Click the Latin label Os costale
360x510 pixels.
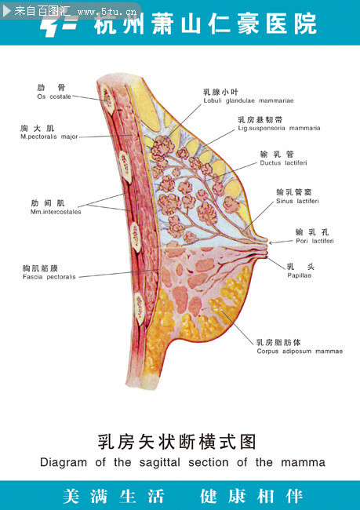click(54, 97)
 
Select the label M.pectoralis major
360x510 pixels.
click(49, 137)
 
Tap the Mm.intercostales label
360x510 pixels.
click(56, 212)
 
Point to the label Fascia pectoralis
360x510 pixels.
click(49, 277)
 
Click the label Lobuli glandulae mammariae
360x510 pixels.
click(249, 101)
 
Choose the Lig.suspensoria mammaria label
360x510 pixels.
click(279, 129)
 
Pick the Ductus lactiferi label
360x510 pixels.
click(283, 163)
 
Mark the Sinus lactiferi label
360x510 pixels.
click(297, 202)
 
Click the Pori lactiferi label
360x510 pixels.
click(315, 241)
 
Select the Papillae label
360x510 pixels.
click(299, 275)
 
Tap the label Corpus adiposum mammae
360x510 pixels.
click(300, 352)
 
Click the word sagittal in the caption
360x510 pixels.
click(160, 462)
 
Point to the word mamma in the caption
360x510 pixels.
click(303, 463)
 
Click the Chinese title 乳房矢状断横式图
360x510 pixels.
click(177, 442)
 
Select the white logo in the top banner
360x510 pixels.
click(59, 25)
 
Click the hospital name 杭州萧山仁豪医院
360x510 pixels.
click(205, 24)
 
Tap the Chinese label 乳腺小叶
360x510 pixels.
click(220, 92)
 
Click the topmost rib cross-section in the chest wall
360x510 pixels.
click(107, 99)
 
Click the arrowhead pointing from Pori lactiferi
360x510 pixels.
click(271, 242)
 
